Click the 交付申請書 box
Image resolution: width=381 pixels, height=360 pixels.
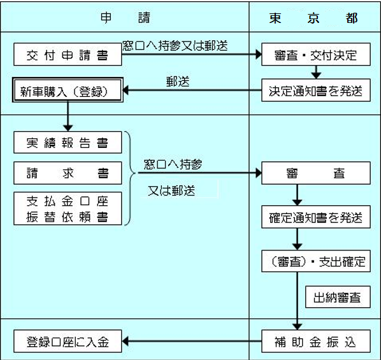click(68, 55)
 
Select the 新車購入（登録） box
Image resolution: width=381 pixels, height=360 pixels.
click(68, 91)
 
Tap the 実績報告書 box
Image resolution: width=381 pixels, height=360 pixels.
click(68, 143)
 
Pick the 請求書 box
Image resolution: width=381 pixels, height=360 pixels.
click(68, 173)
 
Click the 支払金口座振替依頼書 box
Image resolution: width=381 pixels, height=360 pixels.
click(68, 209)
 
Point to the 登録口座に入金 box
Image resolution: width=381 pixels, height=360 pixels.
click(68, 342)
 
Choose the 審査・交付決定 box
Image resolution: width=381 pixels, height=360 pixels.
click(315, 55)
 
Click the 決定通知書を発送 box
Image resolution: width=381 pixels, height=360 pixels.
click(315, 91)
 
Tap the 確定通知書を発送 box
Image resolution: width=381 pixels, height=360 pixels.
click(315, 217)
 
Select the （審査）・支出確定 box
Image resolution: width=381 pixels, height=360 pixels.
click(315, 261)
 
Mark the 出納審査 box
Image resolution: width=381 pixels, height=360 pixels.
click(338, 297)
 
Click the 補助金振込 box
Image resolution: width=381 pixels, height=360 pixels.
click(315, 342)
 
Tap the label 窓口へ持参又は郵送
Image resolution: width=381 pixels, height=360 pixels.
click(175, 46)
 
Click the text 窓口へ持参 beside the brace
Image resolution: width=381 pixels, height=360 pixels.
click(173, 164)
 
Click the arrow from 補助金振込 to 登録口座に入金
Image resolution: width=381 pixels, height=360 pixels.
click(192, 342)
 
